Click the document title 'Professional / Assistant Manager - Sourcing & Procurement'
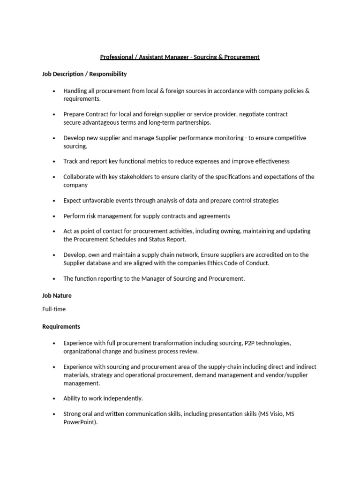pos(180,57)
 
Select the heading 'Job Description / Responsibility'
pos(84,74)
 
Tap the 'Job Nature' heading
pos(57,296)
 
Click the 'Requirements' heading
pos(61,327)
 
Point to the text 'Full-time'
pos(54,309)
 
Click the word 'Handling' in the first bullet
pos(75,91)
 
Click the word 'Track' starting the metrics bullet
pos(71,161)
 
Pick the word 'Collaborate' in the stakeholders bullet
pos(79,177)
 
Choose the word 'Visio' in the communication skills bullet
pos(278,414)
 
